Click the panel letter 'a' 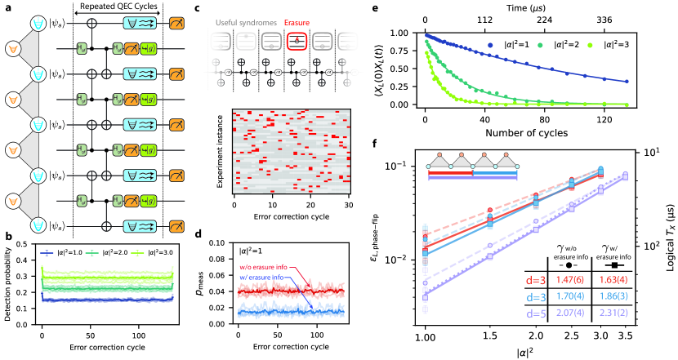[6, 7]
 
